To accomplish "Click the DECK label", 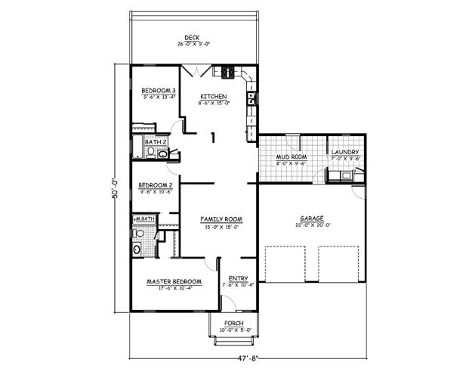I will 193,38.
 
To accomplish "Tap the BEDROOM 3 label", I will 159,91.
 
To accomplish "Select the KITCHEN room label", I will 214,97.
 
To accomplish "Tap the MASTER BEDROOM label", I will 173,281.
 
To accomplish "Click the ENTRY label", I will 238,278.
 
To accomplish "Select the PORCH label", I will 233,323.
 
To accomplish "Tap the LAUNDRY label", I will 344,153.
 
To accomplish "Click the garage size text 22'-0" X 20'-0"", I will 311,226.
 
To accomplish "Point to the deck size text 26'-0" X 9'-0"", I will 193,45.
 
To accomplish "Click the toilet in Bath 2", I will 150,153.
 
